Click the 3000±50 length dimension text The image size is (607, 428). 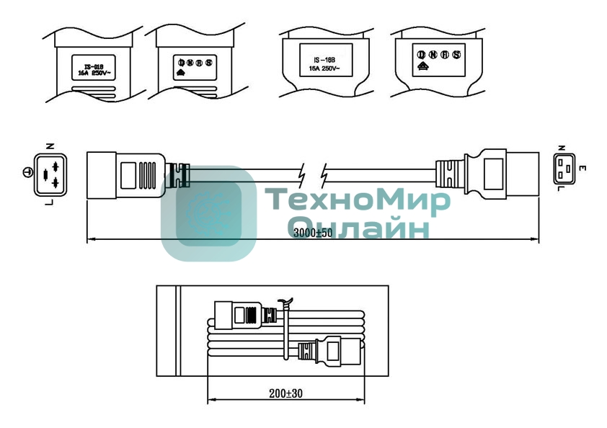[x=313, y=232]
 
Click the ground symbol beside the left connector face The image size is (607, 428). [x=27, y=172]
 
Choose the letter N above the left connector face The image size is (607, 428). [x=48, y=144]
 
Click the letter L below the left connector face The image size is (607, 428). [x=48, y=203]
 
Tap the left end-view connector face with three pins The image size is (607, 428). [x=48, y=174]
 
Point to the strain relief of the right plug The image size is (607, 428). [x=449, y=174]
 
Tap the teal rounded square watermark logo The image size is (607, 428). [x=208, y=213]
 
